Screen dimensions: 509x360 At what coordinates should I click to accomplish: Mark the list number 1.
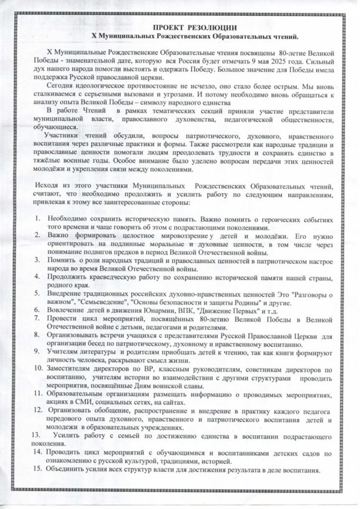pos(36,217)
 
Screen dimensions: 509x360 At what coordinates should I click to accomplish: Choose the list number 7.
pos(36,318)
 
